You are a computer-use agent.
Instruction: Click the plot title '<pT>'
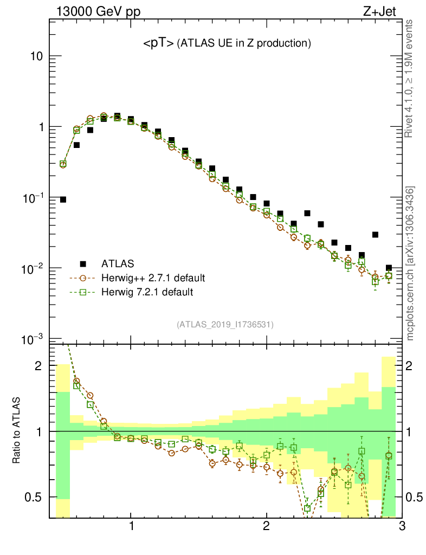point(158,43)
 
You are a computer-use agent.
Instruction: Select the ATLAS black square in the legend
point(83,264)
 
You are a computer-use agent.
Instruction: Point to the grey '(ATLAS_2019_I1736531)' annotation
point(225,325)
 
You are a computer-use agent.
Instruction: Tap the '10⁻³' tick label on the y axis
point(32,339)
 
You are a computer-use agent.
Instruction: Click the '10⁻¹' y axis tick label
point(32,198)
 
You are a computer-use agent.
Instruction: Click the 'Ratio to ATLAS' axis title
point(18,431)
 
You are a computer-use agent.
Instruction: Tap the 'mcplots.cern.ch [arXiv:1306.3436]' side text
point(411,263)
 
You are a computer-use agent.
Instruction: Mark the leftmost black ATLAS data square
point(63,199)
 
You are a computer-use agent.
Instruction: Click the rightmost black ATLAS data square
point(389,268)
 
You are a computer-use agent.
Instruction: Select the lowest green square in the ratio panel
point(307,508)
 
